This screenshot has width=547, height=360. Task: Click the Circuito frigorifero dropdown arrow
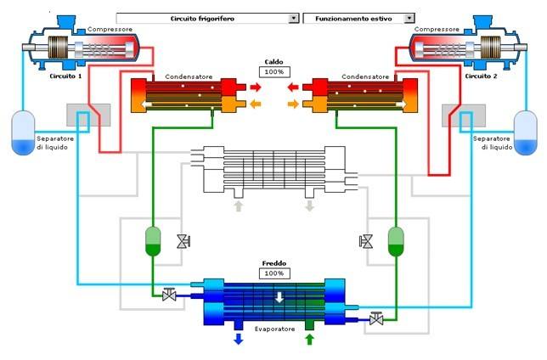pyautogui.click(x=294, y=17)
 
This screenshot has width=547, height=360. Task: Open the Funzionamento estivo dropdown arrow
pyautogui.click(x=409, y=17)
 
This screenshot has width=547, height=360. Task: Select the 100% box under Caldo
pyautogui.click(x=273, y=71)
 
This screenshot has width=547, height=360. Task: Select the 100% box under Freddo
pyautogui.click(x=273, y=273)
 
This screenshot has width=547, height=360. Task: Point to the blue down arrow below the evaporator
pyautogui.click(x=239, y=339)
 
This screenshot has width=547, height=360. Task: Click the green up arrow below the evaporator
pyautogui.click(x=308, y=339)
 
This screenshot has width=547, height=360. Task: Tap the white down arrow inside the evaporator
pyautogui.click(x=278, y=296)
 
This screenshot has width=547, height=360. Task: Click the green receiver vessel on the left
pyautogui.click(x=154, y=241)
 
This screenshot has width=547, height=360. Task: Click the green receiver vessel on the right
pyautogui.click(x=393, y=241)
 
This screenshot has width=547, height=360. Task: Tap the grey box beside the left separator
pyautogui.click(x=87, y=117)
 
